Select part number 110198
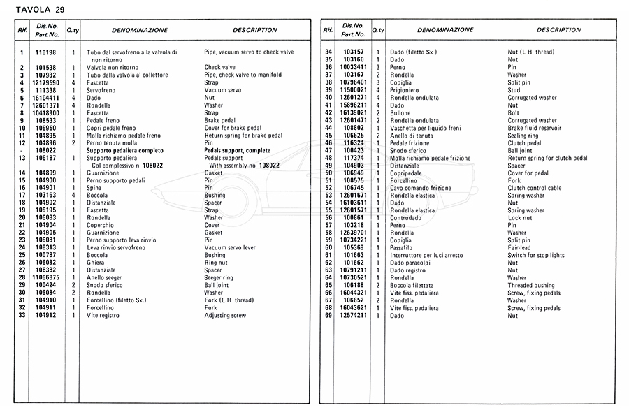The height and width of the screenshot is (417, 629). point(45,52)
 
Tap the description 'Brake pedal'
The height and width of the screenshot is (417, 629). point(221,121)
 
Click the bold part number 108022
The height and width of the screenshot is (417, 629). point(45,150)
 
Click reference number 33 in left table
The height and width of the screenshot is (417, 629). point(22,315)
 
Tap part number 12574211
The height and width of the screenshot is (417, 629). point(354,315)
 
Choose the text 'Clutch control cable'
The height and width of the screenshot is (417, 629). point(535,188)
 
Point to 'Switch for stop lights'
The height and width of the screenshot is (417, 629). point(536,255)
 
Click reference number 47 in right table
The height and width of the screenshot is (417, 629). point(328,150)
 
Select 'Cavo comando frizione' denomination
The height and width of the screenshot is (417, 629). point(420,188)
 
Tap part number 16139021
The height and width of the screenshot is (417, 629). point(354,112)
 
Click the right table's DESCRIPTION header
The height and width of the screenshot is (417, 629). point(559,30)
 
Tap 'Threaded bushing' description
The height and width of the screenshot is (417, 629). point(531,285)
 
